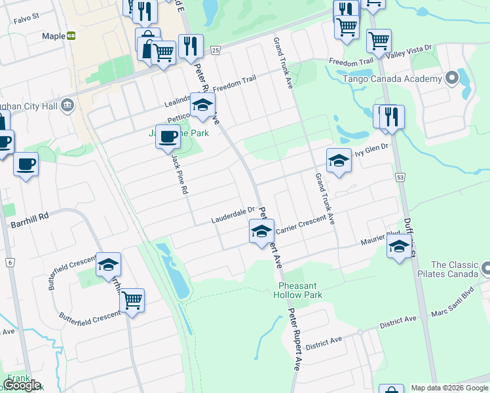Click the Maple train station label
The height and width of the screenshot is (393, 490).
click(54, 37)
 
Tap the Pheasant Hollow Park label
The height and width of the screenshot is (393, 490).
click(300, 290)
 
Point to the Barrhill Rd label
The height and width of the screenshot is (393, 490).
click(29, 223)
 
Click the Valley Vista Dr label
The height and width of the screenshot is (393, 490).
click(410, 52)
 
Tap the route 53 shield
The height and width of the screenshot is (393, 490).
click(400, 178)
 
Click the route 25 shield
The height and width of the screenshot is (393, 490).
click(215, 50)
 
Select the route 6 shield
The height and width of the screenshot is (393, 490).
click(10, 263)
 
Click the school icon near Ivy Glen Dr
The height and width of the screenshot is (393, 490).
click(339, 160)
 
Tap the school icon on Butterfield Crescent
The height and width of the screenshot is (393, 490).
click(109, 265)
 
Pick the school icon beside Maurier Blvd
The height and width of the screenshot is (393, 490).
click(398, 246)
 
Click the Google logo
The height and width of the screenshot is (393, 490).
click(22, 384)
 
